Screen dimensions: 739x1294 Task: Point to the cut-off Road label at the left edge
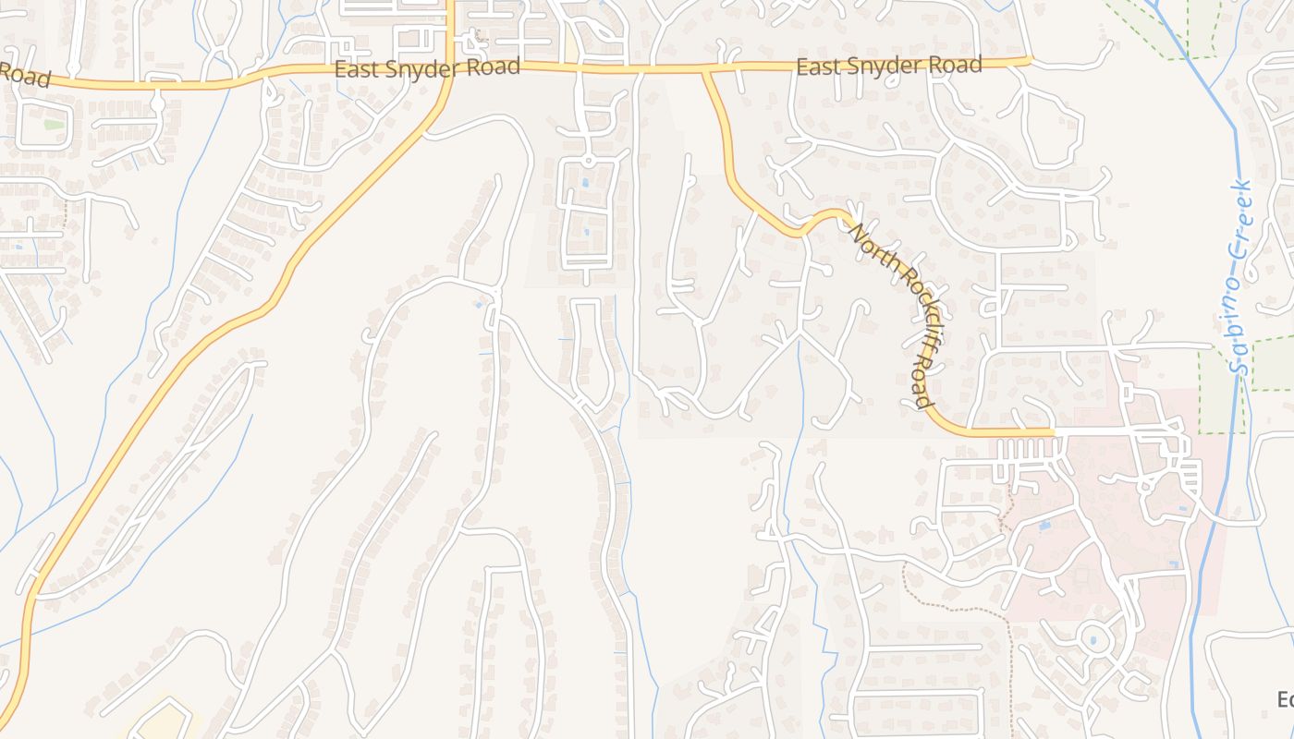pos(23,74)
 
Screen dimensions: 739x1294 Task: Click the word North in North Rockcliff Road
pos(866,243)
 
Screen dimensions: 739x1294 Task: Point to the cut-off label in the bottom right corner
pos(1285,699)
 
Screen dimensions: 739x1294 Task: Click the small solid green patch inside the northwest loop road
pos(54,124)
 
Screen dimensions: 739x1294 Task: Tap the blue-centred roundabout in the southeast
pos(1093,639)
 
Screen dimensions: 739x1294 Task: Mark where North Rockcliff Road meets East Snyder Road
pos(706,69)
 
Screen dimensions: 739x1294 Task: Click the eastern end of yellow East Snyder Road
pos(1027,61)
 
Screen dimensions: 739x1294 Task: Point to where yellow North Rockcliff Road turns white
pos(1054,431)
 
